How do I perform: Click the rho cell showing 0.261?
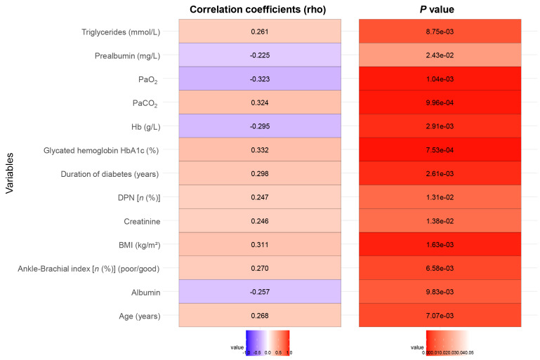click(259, 32)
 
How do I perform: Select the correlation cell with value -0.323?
click(259, 79)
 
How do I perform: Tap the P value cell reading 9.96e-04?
click(440, 102)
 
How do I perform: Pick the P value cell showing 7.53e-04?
click(440, 150)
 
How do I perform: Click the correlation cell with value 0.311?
click(259, 245)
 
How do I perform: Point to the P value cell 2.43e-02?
click(440, 55)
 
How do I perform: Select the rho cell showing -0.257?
click(259, 292)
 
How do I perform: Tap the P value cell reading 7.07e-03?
click(440, 316)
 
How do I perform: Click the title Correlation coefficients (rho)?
click(259, 10)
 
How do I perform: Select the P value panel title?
click(440, 10)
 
